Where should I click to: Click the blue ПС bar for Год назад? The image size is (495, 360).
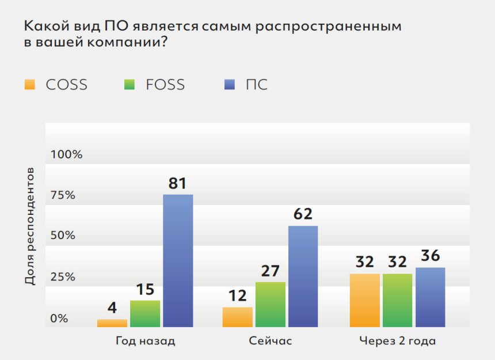[x=178, y=261]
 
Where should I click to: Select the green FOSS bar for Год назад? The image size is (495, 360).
[x=145, y=314]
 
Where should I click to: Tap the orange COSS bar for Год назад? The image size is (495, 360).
[x=112, y=323]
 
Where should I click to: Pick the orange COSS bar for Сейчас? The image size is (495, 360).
[x=237, y=317]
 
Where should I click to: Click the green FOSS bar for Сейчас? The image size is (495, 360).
[x=270, y=305]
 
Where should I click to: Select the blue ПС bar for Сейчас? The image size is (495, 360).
[x=303, y=276]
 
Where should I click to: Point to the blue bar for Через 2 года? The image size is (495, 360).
[x=430, y=297]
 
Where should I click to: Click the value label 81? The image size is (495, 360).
[x=177, y=183]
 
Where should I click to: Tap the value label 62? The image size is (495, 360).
[x=303, y=214]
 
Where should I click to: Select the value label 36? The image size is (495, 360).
[x=430, y=256]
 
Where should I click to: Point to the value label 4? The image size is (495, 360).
[x=112, y=308]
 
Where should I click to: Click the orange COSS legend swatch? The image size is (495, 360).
[x=29, y=85]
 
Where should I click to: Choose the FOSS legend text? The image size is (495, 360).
[x=165, y=85]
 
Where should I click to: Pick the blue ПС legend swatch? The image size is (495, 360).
[x=230, y=85]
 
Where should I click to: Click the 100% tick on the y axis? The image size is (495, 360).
[x=67, y=154]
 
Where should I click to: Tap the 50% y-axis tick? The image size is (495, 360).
[x=63, y=236]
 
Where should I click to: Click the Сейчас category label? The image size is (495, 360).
[x=271, y=340]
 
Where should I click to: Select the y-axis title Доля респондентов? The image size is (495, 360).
[x=30, y=226]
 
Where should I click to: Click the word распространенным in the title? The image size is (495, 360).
[x=330, y=26]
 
